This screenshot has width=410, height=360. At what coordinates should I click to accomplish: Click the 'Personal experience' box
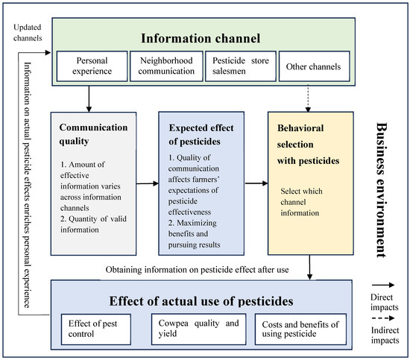coord(92,66)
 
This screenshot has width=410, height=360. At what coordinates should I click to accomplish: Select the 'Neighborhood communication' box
coord(166,66)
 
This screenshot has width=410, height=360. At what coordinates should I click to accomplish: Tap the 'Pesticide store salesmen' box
coord(241,66)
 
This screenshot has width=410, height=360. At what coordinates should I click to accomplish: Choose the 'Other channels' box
coord(315,66)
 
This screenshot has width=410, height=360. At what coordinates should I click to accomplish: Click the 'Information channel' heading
coord(201,39)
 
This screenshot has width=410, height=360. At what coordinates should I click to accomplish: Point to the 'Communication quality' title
coord(93,134)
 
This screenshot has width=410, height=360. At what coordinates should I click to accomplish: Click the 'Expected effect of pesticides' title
coord(201,135)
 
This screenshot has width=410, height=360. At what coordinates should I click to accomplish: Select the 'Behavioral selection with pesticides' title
coord(309,145)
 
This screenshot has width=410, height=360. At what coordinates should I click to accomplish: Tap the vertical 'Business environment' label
coord(382,190)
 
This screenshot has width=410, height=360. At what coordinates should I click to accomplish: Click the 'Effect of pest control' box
coord(96,329)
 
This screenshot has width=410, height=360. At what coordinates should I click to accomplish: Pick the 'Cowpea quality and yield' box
coord(199,329)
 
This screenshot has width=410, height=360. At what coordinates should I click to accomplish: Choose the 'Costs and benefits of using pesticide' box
coord(300,329)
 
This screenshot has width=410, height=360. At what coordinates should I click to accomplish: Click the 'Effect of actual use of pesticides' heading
coord(201,301)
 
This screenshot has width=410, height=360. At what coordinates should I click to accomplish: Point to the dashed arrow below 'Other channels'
coord(308,98)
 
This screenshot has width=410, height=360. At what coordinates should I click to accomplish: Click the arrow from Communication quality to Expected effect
coord(148,183)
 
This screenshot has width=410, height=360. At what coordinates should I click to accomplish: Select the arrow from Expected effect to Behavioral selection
coord(256,183)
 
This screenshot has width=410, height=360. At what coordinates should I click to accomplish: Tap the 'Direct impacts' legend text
coord(385,302)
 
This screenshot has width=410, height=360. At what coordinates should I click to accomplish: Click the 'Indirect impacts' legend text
coord(385,335)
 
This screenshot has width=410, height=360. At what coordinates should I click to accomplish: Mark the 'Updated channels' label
coord(28,33)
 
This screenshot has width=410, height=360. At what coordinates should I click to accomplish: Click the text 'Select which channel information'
coord(301,202)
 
